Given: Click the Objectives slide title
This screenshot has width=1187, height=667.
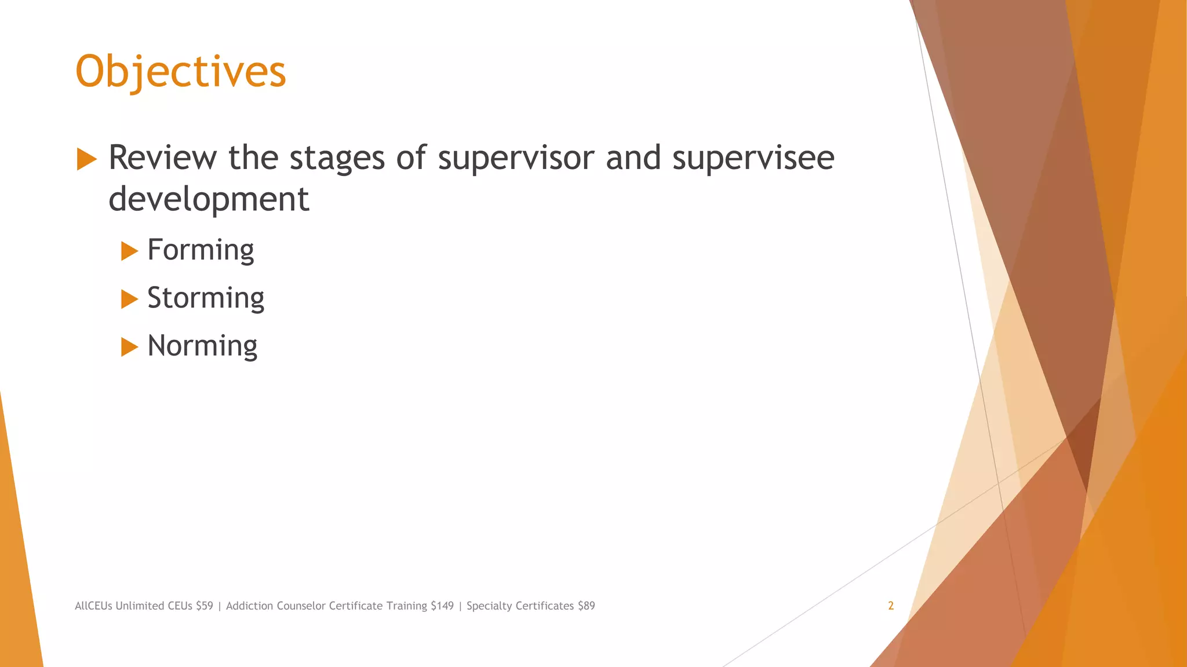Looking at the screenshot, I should click(x=181, y=71).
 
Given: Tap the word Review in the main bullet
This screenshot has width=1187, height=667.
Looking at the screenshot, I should click(x=163, y=157).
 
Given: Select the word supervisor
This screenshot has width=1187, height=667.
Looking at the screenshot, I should click(x=516, y=157).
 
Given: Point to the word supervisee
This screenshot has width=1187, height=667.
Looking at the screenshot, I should click(x=753, y=157).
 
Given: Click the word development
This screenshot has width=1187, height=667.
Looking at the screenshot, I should click(x=209, y=199).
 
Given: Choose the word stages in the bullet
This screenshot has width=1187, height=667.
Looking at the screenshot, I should click(x=337, y=157).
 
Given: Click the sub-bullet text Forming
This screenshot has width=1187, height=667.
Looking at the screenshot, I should click(x=201, y=250).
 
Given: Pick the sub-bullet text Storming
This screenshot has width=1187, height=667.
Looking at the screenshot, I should click(x=206, y=298).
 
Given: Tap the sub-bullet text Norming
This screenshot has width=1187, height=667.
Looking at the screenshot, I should click(x=202, y=346).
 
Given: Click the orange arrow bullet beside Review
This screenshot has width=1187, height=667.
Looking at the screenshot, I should click(x=86, y=159).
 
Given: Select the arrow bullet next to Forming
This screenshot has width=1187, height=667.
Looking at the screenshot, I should click(x=129, y=251).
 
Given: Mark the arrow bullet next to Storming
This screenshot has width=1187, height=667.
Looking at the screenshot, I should click(x=129, y=299).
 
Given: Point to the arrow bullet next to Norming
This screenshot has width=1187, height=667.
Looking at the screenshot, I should click(x=129, y=347).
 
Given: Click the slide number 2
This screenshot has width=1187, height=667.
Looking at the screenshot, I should click(x=891, y=606).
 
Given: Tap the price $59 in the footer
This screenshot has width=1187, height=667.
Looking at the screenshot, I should click(x=205, y=606).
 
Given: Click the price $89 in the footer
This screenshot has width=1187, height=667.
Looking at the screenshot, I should click(x=586, y=606).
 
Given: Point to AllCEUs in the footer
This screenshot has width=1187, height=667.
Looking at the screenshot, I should click(x=93, y=606).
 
